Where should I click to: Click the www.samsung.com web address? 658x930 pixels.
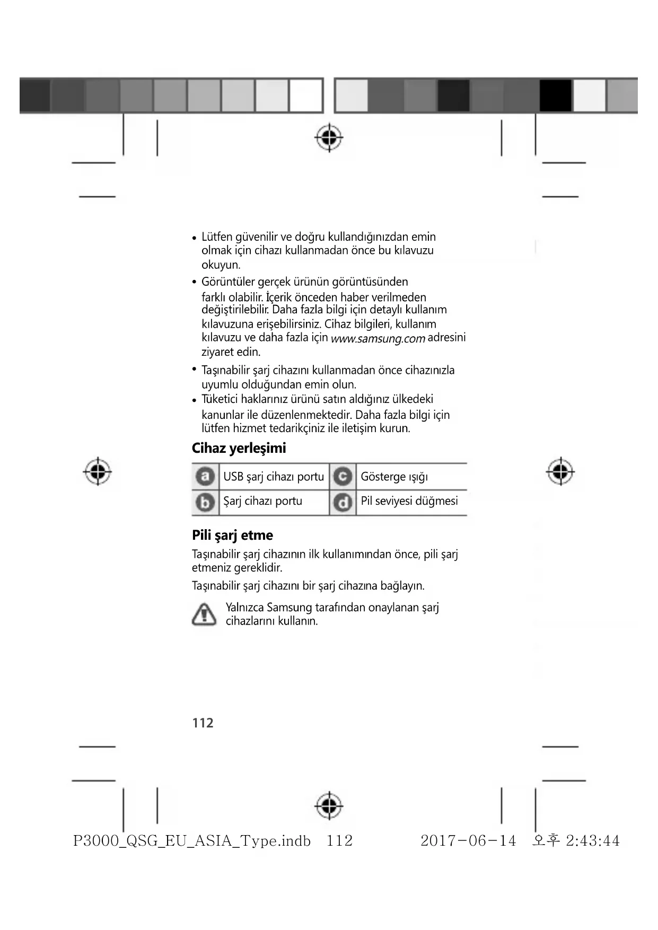pos(378,339)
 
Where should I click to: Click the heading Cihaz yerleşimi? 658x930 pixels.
pos(239,448)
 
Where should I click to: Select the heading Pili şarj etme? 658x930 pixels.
pos(232,535)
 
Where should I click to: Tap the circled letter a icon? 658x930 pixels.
pos(205,477)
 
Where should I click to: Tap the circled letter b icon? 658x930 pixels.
pos(205,502)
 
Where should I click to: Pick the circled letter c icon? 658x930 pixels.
pos(343,477)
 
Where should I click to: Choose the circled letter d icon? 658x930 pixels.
pos(343,502)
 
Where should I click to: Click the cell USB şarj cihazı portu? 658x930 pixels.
pos(273,477)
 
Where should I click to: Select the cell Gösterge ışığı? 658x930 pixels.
pos(394,477)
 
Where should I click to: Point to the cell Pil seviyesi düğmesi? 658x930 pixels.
pos(409,501)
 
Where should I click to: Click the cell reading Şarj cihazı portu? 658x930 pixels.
pos(262,501)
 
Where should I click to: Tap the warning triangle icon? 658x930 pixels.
pos(204,614)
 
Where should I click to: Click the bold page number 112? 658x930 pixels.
pos(203,723)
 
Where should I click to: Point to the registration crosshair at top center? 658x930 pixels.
pos(329,138)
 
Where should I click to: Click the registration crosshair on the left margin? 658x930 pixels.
pos(98,471)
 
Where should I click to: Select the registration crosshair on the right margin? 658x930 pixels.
pos(560,471)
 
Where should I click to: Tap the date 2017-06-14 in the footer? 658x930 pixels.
pos(468,841)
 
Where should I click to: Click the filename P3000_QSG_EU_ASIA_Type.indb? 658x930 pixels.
pos(192,841)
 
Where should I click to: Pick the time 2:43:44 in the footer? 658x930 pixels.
pos(592,841)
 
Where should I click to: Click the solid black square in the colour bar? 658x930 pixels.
pos(555,95)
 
